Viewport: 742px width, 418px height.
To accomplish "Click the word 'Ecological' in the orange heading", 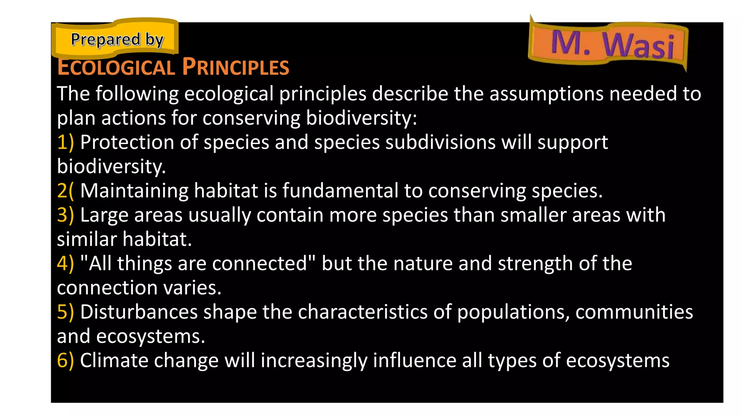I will tap(116, 68).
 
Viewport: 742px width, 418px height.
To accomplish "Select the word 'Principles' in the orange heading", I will tap(235, 67).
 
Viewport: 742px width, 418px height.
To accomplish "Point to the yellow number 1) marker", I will tap(65, 142).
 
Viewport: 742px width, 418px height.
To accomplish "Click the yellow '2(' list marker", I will tap(65, 191).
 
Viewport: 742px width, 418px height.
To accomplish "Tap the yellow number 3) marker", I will tap(65, 215).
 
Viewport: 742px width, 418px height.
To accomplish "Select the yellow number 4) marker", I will tap(65, 264).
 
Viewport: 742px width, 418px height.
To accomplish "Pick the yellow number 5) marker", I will tap(65, 312).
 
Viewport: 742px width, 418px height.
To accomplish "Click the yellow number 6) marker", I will tap(65, 361).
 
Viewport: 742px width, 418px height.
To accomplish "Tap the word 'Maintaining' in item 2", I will tap(134, 191).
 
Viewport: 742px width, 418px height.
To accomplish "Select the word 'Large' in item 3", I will tap(104, 215).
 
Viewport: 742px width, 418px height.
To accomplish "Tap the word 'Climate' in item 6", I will tap(114, 361).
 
